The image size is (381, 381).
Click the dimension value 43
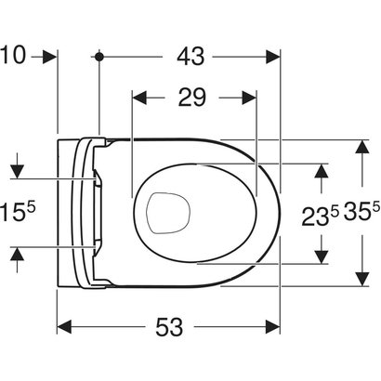[190, 57]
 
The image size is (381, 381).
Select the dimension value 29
[193, 97]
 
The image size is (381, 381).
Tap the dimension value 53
[168, 327]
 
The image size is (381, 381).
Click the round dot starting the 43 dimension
[99, 58]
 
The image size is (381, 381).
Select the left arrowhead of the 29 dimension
[139, 97]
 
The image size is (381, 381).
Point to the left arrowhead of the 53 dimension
[65, 327]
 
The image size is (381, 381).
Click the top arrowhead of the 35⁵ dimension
[360, 146]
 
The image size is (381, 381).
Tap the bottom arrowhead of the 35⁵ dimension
[360, 280]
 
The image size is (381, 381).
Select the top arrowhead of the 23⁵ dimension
[321, 169]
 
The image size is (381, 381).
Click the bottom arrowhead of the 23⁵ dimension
[321, 256]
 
